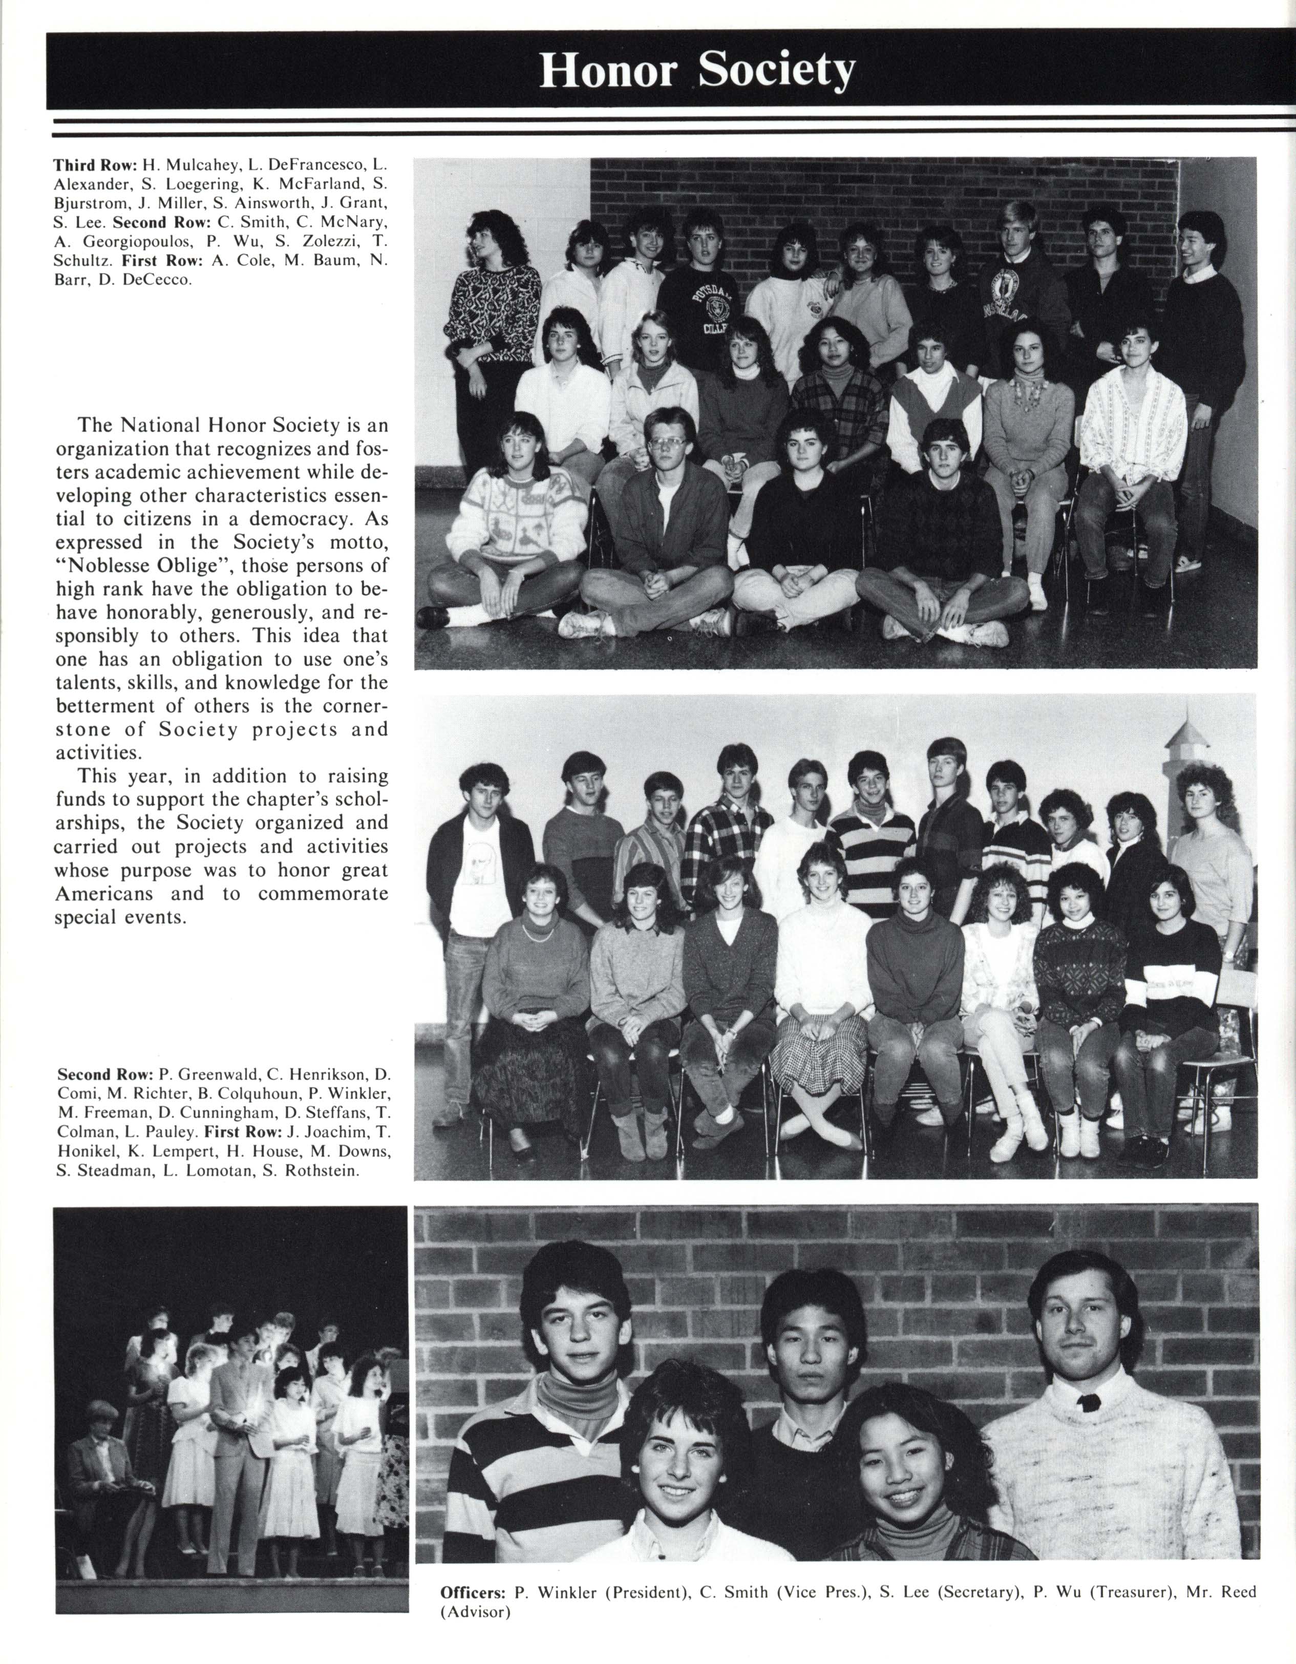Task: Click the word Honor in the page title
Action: pyautogui.click(x=607, y=72)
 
